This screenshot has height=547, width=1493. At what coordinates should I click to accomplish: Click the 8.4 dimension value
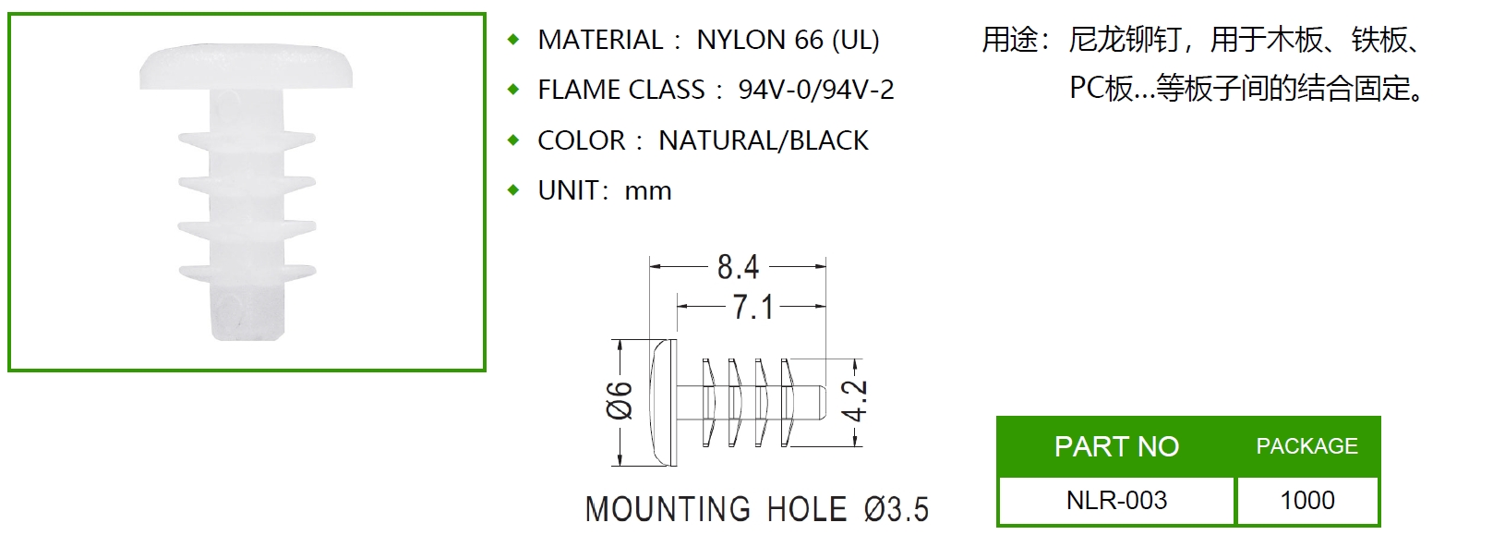click(x=738, y=267)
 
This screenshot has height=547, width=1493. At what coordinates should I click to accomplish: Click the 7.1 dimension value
click(x=753, y=307)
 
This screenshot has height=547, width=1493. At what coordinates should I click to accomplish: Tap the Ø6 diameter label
click(x=620, y=400)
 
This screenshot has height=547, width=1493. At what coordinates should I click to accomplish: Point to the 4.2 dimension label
click(x=854, y=401)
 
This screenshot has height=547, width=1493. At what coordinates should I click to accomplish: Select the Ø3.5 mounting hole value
click(x=896, y=510)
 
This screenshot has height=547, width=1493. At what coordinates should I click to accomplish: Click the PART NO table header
click(x=1116, y=446)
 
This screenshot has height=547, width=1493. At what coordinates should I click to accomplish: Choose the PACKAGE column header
click(x=1307, y=445)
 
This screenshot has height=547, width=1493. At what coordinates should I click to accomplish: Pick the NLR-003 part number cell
click(x=1116, y=500)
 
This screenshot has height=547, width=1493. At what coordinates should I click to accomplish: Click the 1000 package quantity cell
click(x=1307, y=500)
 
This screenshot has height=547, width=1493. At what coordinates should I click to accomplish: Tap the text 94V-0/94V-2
click(x=816, y=90)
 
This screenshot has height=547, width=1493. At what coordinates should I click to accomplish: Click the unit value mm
click(x=648, y=191)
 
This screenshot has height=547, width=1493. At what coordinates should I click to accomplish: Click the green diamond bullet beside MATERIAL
click(x=513, y=40)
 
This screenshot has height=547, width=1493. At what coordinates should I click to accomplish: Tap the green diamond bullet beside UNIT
click(x=513, y=190)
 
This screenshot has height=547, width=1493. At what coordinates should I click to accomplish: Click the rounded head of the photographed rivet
click(x=246, y=67)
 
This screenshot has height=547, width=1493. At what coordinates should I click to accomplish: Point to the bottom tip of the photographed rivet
click(x=247, y=339)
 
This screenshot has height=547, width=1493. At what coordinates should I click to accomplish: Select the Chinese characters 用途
click(x=1009, y=40)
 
